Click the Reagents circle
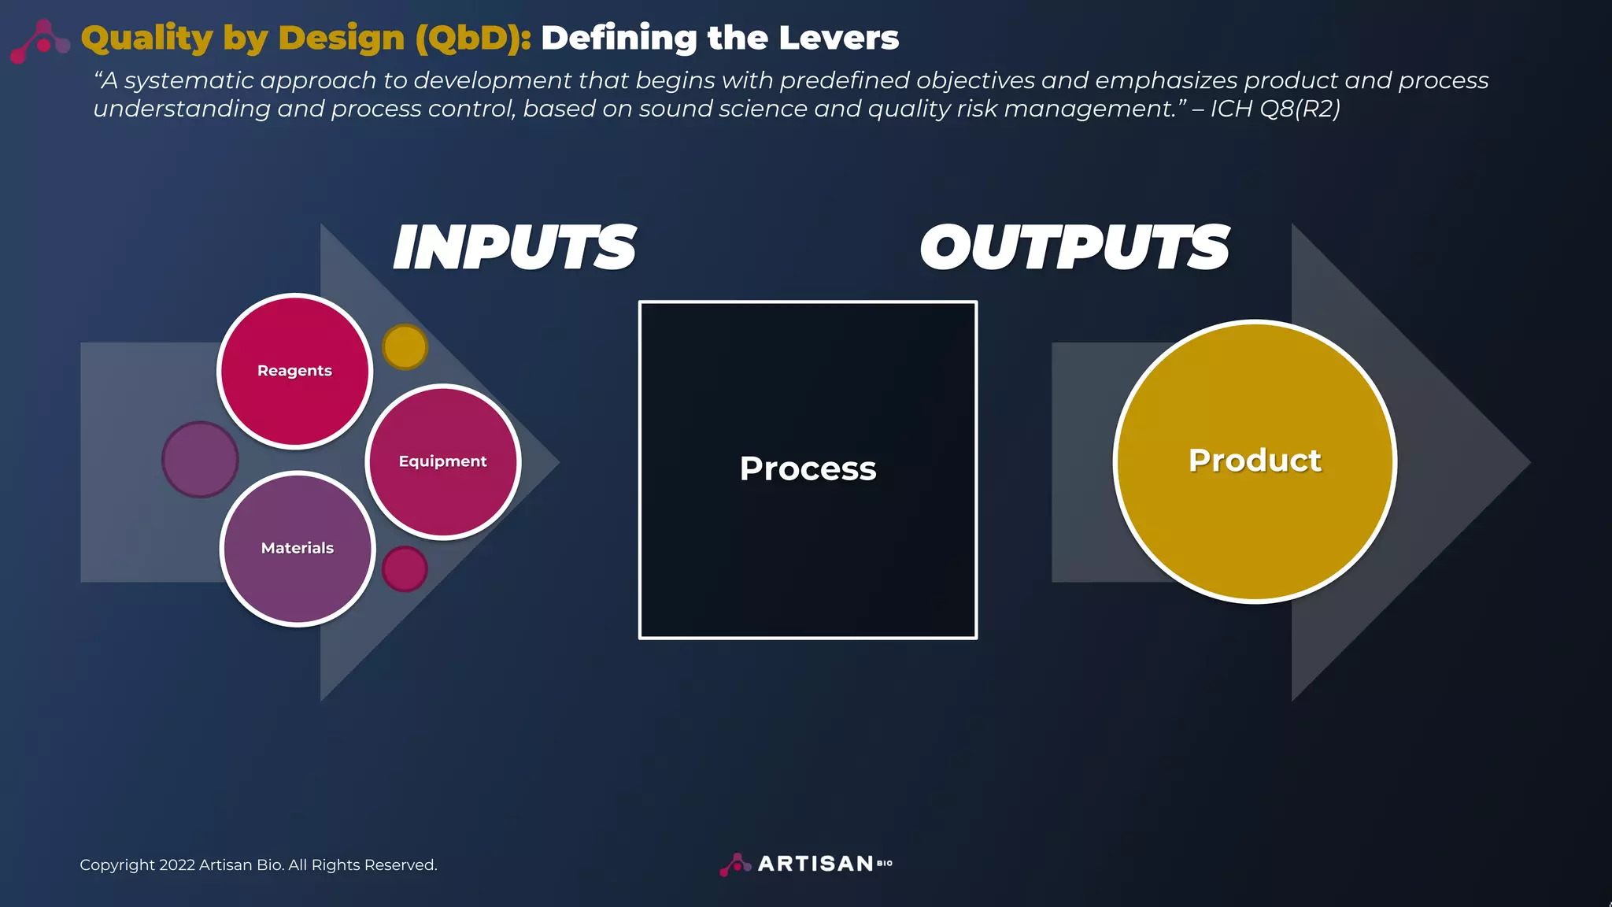pyautogui.click(x=294, y=371)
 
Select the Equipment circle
pyautogui.click(x=442, y=461)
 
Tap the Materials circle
pyautogui.click(x=298, y=548)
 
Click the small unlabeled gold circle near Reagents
pyautogui.click(x=405, y=346)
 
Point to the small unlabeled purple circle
pyautogui.click(x=200, y=460)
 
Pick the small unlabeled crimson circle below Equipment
pyautogui.click(x=405, y=568)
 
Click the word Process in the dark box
pyautogui.click(x=808, y=469)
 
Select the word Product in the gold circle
pyautogui.click(x=1255, y=461)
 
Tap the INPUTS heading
pyautogui.click(x=514, y=248)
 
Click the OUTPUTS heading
pyautogui.click(x=1074, y=248)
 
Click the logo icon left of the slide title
pyautogui.click(x=41, y=41)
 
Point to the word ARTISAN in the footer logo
pyautogui.click(x=815, y=864)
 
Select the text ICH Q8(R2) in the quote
pyautogui.click(x=1274, y=109)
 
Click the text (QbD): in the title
pyautogui.click(x=473, y=38)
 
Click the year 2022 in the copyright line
pyautogui.click(x=176, y=865)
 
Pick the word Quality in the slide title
pyautogui.click(x=146, y=38)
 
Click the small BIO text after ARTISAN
pyautogui.click(x=885, y=864)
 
